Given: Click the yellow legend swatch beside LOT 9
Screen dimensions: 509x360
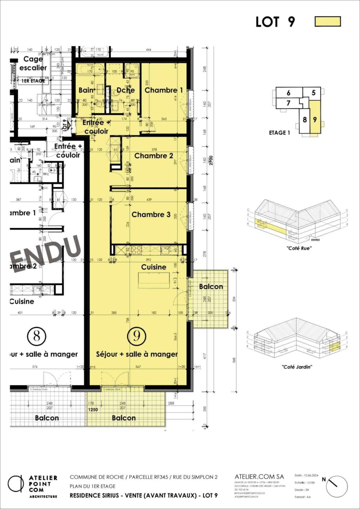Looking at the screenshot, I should [328, 22].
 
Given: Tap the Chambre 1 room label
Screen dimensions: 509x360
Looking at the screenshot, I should [163, 90].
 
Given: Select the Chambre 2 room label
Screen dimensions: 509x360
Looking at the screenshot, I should [153, 156].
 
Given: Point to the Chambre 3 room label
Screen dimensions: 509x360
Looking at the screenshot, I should [151, 215].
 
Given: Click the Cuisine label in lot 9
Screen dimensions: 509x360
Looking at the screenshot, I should [154, 267].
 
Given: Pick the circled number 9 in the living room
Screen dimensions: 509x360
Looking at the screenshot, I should [137, 336].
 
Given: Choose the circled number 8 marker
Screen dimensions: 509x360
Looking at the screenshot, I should [36, 336].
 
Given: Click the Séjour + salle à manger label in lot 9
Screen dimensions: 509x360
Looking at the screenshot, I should [137, 354].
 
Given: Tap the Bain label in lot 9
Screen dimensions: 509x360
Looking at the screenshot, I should [86, 90].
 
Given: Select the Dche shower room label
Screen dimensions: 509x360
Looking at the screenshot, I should [125, 90].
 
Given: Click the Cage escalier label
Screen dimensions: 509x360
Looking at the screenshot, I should [33, 63].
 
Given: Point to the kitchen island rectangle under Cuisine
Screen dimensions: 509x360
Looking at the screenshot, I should [154, 280].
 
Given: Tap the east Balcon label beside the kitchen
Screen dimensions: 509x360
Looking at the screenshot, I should [211, 286].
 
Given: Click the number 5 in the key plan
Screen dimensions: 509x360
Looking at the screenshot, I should [314, 93].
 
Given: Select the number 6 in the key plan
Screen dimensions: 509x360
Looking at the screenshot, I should [288, 93].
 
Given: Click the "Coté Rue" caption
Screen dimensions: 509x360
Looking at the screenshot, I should [299, 248].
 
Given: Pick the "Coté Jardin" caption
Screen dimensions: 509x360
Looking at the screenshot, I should [297, 367].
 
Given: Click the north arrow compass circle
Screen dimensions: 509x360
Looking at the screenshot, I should [337, 487].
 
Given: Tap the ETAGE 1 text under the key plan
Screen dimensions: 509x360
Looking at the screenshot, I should [279, 133].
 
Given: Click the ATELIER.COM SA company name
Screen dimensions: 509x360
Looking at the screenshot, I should [259, 477].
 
